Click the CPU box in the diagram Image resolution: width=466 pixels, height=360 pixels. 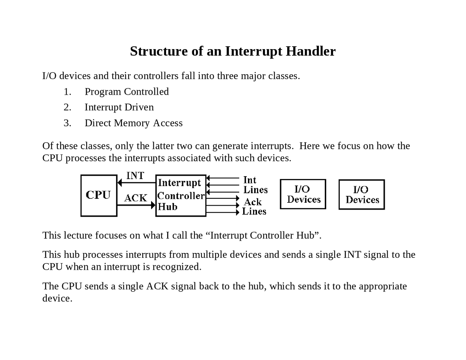tap(99, 195)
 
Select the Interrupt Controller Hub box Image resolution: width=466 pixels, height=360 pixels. tap(181, 195)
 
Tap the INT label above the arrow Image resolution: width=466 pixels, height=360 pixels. tap(135, 176)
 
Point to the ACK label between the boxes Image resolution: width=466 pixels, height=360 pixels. tap(135, 198)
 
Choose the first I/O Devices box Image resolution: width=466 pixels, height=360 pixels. tap(303, 194)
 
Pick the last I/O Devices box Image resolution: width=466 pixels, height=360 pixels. tap(362, 194)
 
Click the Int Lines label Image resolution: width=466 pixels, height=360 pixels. tap(255, 185)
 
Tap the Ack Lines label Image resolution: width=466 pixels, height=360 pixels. tap(254, 207)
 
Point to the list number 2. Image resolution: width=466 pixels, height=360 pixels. tap(67, 107)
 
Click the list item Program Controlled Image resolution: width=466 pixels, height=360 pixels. tap(127, 92)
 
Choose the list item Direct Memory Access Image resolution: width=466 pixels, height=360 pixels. tap(134, 123)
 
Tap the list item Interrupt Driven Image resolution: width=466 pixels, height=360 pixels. tap(119, 107)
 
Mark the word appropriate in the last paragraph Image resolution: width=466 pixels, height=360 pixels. tap(383, 286)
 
